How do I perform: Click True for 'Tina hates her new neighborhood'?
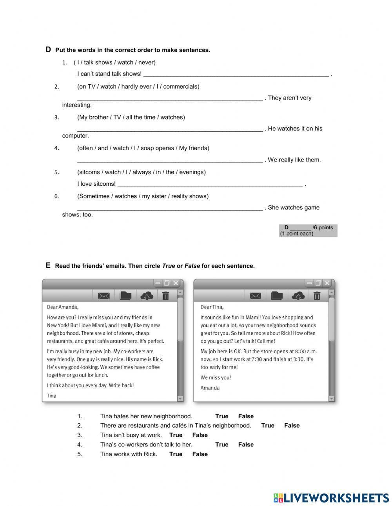(221, 416)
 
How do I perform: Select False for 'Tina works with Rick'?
(200, 454)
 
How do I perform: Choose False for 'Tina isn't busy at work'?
(200, 435)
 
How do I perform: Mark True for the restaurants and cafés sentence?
(268, 426)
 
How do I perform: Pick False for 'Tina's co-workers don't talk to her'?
(246, 444)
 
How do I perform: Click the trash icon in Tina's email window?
(165, 296)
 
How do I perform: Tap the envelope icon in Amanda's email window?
(255, 296)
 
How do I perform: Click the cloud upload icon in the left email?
(147, 296)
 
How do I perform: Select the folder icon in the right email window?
(277, 296)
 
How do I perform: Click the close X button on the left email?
(176, 283)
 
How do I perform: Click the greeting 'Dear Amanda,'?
(63, 307)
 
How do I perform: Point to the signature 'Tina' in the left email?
(52, 396)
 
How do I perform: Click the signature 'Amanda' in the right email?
(210, 388)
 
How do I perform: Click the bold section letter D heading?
(48, 49)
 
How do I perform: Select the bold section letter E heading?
(48, 265)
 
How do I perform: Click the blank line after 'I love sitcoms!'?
(210, 184)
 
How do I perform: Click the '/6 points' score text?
(323, 228)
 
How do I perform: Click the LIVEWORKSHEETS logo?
(331, 498)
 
